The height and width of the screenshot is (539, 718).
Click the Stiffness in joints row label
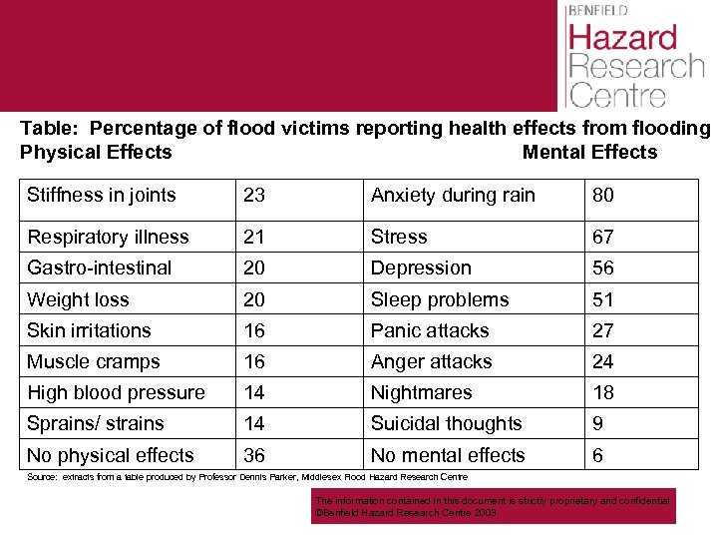coord(102,196)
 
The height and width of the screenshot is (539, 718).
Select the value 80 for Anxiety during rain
coord(603,196)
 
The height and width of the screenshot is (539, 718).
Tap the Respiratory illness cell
coord(108,237)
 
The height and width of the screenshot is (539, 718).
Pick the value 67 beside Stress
coord(603,237)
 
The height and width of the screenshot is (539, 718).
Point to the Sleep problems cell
coord(440,299)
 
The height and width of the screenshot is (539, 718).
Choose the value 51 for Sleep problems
coord(603,299)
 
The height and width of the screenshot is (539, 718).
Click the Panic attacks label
coord(430,330)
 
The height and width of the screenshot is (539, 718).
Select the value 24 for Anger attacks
coord(603,361)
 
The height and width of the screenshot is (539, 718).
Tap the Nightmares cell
coord(422,392)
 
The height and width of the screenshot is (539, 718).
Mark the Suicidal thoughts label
coord(447,423)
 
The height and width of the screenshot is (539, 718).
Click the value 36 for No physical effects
coord(254,455)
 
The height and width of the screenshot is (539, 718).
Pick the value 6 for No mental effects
coord(598,455)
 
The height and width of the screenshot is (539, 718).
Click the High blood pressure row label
coord(116,392)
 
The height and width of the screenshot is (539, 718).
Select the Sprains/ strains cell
coord(97,423)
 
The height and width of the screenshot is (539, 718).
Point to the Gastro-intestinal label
coord(100,268)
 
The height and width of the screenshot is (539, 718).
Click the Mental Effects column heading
coord(589,152)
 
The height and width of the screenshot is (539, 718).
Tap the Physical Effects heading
coord(96,152)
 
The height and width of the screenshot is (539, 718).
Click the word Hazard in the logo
coord(622,38)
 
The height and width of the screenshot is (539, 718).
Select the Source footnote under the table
coord(247,477)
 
